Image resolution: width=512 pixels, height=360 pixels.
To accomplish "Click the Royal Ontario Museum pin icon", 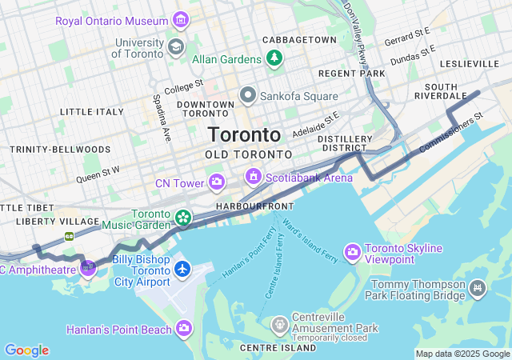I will [182, 19].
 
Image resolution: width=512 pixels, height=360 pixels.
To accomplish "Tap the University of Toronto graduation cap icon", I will [176, 47].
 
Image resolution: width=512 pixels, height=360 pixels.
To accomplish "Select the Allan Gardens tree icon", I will [274, 58].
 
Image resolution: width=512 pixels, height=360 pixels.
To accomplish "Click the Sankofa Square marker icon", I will [247, 96].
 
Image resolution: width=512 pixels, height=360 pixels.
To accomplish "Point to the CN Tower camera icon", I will [217, 183].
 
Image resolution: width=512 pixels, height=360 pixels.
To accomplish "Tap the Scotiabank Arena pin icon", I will [254, 175].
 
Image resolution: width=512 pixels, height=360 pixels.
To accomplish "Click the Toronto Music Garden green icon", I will [183, 217].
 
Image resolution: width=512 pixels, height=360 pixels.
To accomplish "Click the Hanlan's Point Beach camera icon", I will [185, 329].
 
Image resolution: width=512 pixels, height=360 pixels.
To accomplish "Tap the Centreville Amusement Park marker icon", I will [279, 324].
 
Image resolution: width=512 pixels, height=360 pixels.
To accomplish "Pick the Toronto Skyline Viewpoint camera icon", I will [352, 253].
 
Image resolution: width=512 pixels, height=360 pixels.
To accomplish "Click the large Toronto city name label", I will [244, 134].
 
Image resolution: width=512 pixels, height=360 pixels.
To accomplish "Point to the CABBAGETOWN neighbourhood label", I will [300, 39].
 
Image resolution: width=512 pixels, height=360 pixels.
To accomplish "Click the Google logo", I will [26, 350].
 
